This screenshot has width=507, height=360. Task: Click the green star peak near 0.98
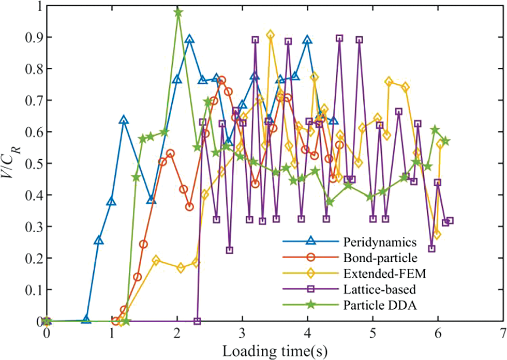178,12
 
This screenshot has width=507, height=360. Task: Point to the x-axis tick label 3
242,332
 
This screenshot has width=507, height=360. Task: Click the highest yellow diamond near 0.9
270,35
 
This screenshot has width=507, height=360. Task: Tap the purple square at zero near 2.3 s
197,321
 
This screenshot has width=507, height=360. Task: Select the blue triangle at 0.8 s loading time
98,241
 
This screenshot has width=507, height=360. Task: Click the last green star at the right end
445,141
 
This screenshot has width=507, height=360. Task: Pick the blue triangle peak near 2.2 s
190,40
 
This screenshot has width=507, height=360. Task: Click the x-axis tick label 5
372,332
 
